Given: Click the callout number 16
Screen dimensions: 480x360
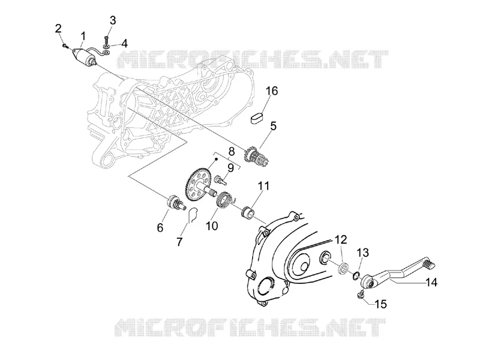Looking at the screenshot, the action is pyautogui.click(x=272, y=91).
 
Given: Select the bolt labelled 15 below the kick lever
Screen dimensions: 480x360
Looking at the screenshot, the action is pyautogui.click(x=361, y=295).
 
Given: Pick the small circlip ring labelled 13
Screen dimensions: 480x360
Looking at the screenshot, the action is pyautogui.click(x=356, y=275).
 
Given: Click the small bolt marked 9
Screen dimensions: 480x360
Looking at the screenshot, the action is pyautogui.click(x=221, y=179).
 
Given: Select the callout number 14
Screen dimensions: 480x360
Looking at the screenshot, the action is pyautogui.click(x=431, y=282).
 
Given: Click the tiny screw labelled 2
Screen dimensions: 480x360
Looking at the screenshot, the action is pyautogui.click(x=65, y=46).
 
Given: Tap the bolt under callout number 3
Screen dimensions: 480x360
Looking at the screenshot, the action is pyautogui.click(x=107, y=41).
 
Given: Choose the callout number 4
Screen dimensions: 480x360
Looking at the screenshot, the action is pyautogui.click(x=124, y=44).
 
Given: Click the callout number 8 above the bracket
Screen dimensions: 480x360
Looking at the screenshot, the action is pyautogui.click(x=232, y=151).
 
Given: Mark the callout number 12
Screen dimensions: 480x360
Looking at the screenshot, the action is pyautogui.click(x=341, y=239).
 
